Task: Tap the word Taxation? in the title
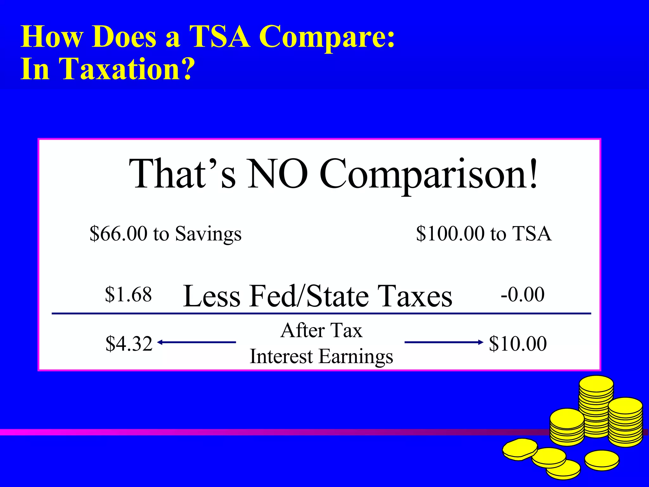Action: (x=127, y=69)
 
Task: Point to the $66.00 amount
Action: (x=119, y=234)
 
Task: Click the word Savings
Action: (x=208, y=234)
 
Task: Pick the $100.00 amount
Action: (x=450, y=234)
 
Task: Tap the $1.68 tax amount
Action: (x=128, y=294)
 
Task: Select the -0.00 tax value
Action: (x=523, y=294)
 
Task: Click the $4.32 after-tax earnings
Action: (x=129, y=343)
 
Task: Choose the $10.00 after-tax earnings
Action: (x=518, y=343)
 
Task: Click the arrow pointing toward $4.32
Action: (x=196, y=342)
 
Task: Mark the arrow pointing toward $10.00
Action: (x=444, y=342)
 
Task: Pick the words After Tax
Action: (x=321, y=330)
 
